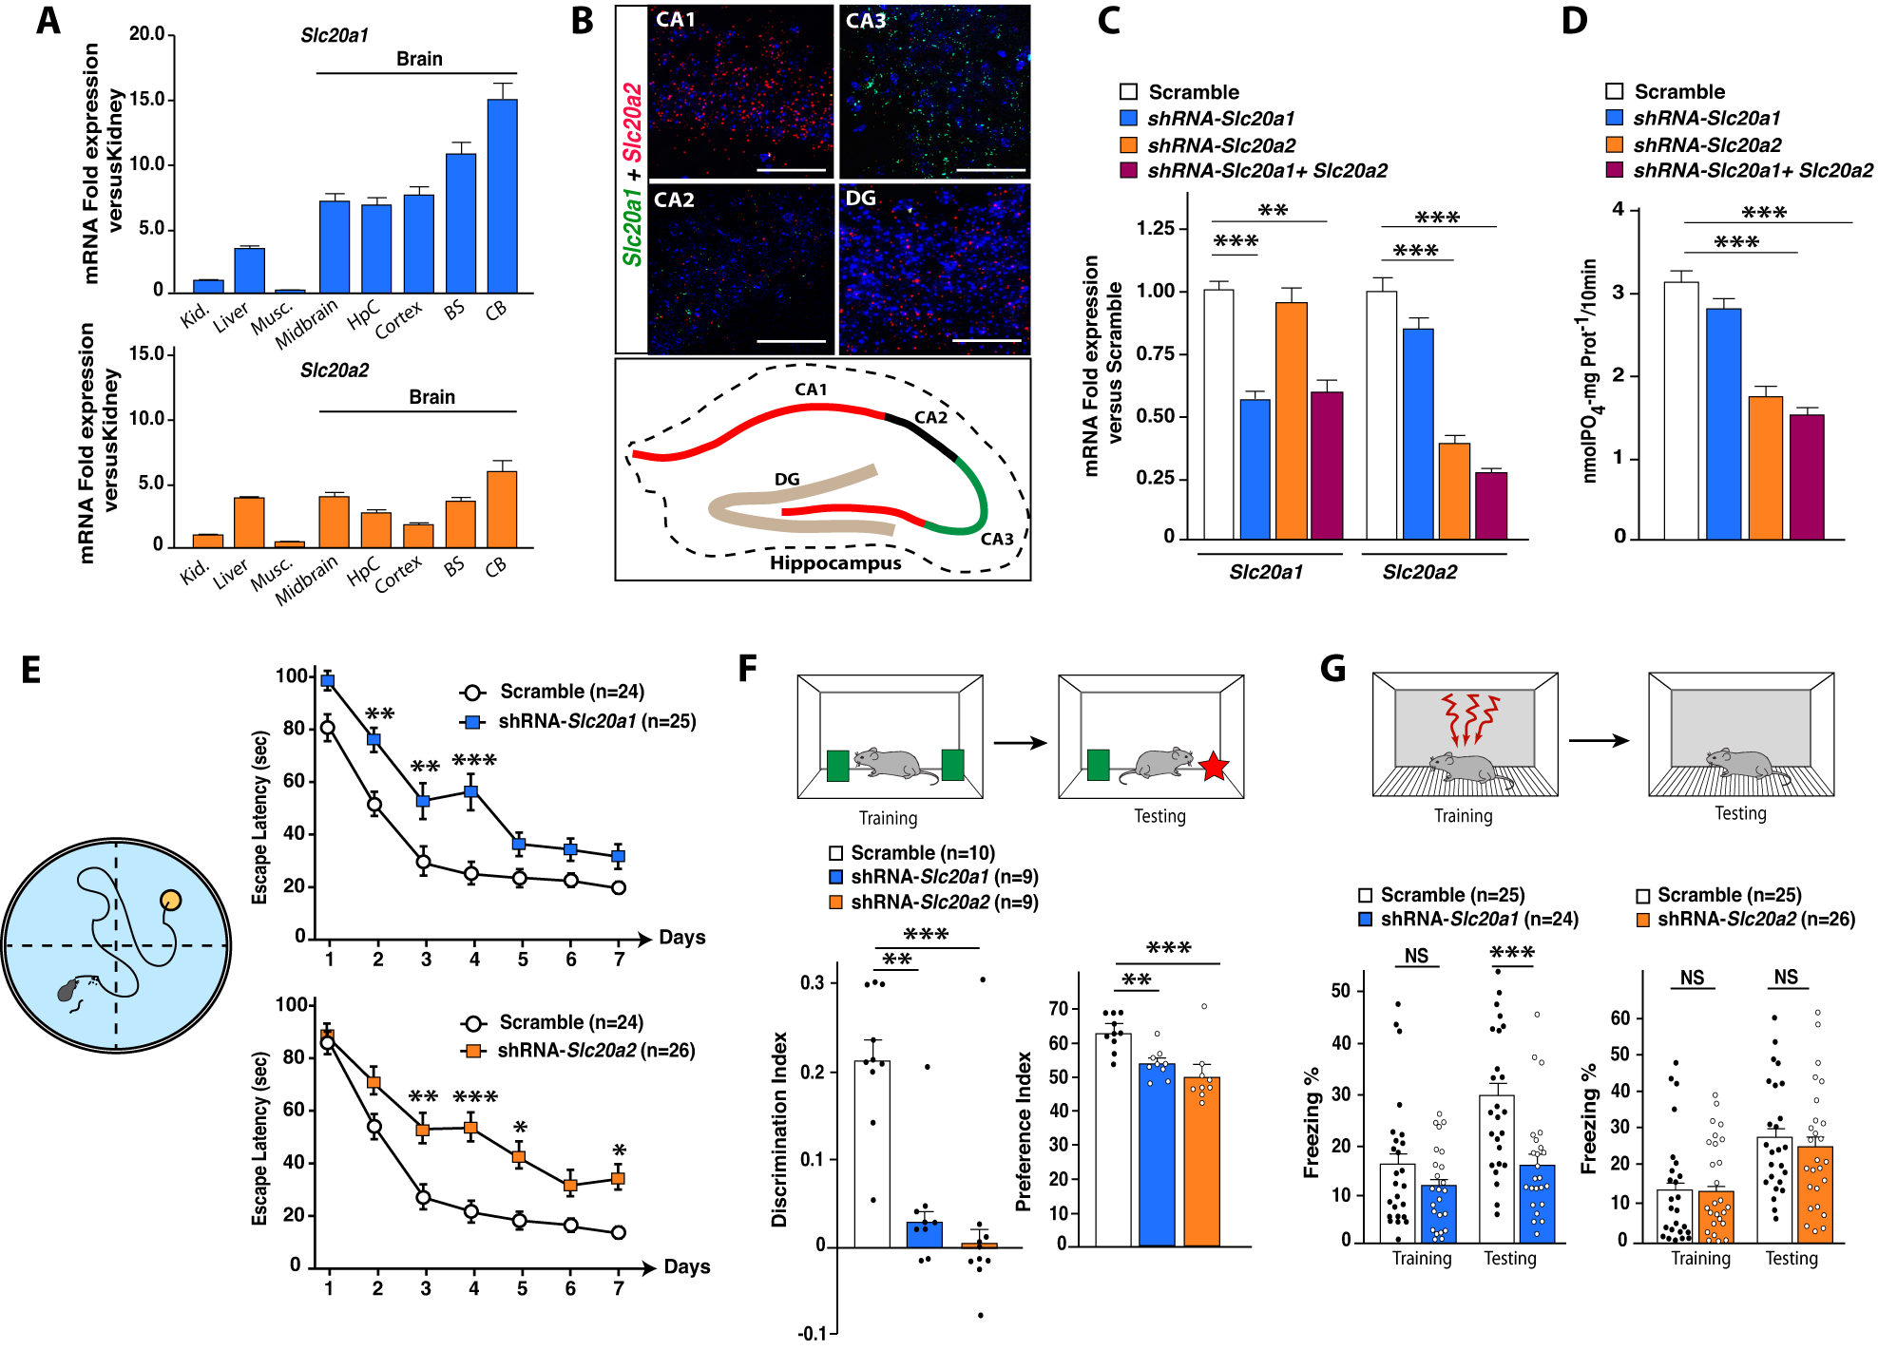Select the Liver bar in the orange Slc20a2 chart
[249, 522]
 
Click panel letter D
[1574, 21]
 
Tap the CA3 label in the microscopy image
[865, 21]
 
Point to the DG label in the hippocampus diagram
[787, 479]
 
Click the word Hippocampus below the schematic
[835, 563]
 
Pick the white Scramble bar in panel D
[1680, 409]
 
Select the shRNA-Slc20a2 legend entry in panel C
[1220, 145]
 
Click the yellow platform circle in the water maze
[170, 900]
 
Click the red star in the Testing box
[1214, 766]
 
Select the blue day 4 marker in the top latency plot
[471, 791]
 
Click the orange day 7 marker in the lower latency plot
[618, 1179]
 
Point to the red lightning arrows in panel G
[1469, 718]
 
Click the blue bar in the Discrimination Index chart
[924, 1233]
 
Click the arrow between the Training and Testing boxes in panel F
[1020, 743]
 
